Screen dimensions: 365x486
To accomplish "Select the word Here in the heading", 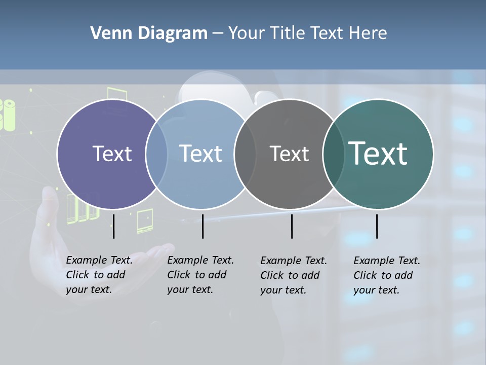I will [x=367, y=33].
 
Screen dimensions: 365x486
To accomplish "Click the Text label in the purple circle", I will [x=112, y=154].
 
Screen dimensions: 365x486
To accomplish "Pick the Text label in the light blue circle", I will [x=200, y=154].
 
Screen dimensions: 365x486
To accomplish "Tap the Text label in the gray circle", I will [x=289, y=154].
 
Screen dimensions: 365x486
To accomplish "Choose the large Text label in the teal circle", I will [x=378, y=154].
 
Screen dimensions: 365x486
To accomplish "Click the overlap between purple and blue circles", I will [x=156, y=154].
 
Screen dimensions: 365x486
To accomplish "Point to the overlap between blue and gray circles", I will [x=245, y=154].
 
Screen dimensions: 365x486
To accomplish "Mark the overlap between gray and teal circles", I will [x=333, y=154].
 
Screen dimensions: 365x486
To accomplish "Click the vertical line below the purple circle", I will [x=114, y=226].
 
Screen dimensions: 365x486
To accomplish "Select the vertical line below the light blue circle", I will [x=202, y=226].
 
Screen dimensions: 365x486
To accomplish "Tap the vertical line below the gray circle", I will [x=292, y=226].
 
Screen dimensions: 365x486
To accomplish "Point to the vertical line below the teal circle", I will [x=377, y=226].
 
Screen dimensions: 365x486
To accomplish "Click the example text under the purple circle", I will [x=99, y=275].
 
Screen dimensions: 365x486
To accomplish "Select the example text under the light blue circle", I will [x=200, y=275].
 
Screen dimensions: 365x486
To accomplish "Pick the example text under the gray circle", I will [x=294, y=275].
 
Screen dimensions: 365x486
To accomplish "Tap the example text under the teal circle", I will [x=387, y=275].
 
